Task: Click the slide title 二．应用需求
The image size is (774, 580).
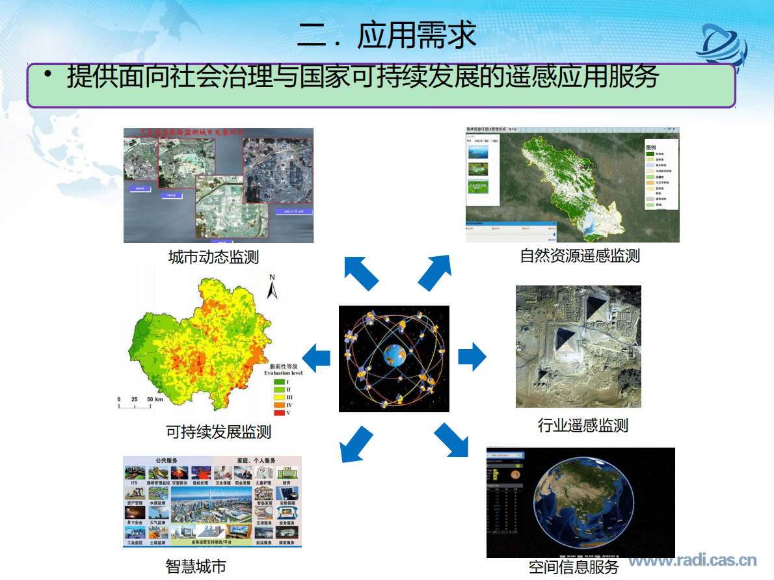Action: point(386,34)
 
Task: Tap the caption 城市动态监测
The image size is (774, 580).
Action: point(213,257)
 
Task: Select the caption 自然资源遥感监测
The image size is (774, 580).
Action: point(580,256)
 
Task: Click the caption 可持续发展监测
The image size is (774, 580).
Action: point(219,432)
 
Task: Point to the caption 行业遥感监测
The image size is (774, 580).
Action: point(583,426)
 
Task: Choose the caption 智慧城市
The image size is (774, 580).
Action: point(196,566)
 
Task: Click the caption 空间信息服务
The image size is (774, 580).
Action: point(574,567)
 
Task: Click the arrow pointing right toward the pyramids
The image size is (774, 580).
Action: point(472,358)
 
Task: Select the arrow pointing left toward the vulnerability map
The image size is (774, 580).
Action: point(316,358)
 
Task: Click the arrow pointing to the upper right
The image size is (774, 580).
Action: point(434,272)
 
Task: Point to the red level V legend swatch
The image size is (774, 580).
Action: point(279,413)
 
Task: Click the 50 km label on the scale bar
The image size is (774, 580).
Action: point(154,399)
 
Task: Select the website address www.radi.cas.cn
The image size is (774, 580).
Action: point(692,560)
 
